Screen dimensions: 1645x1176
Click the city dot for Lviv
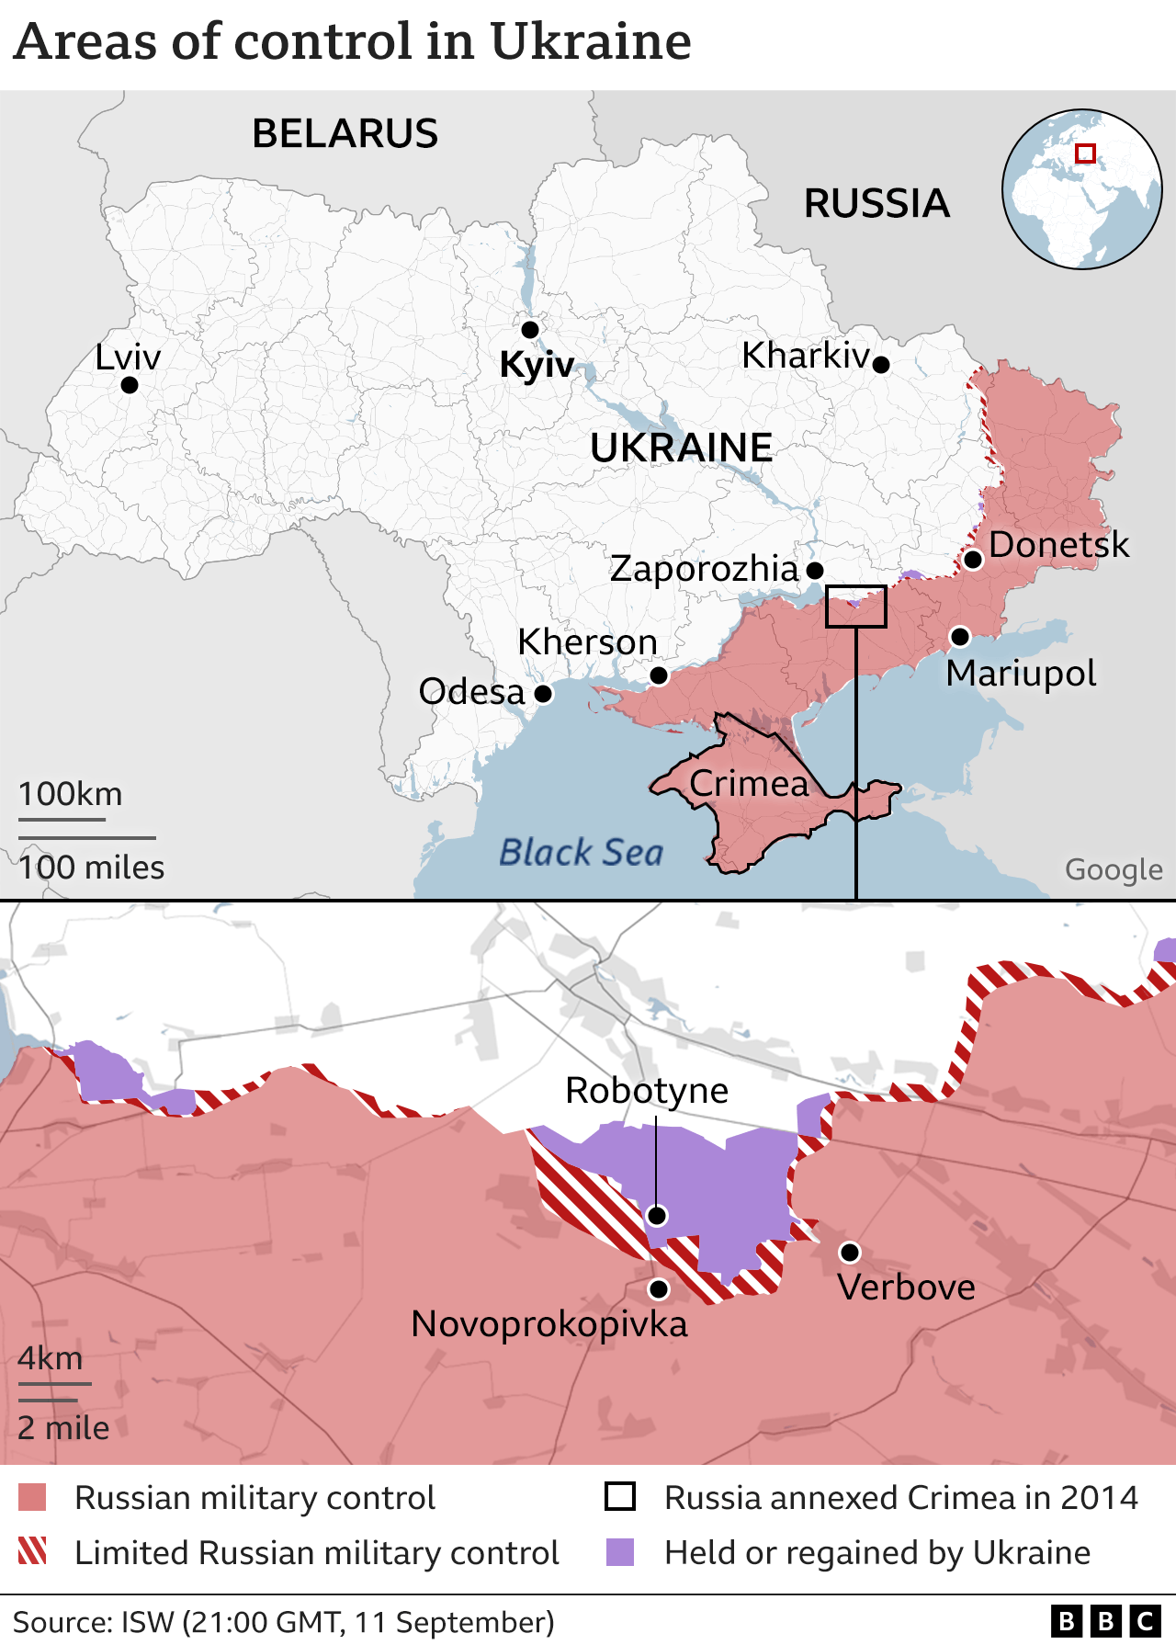click(x=130, y=385)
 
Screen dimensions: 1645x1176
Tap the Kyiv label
click(x=536, y=365)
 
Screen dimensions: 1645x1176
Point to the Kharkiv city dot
click(x=880, y=365)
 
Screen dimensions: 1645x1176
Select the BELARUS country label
click(x=345, y=134)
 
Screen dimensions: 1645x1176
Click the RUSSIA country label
click(x=876, y=204)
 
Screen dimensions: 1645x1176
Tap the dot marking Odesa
click(x=543, y=693)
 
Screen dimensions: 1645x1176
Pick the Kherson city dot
click(x=658, y=675)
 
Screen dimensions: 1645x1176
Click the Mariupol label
click(x=1021, y=674)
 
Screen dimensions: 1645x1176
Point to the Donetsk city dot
click(x=973, y=560)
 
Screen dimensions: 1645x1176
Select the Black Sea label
click(x=581, y=853)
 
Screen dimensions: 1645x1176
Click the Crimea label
click(x=749, y=784)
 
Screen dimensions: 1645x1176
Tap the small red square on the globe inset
click(x=1085, y=153)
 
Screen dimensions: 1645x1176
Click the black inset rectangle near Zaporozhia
click(x=855, y=607)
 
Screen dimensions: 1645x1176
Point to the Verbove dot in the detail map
click(x=850, y=1252)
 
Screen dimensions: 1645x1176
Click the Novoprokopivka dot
click(x=658, y=1288)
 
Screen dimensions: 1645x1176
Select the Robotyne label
click(x=646, y=1091)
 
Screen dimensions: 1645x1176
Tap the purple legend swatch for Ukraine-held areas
click(x=620, y=1552)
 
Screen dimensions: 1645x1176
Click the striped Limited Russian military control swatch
click(x=32, y=1552)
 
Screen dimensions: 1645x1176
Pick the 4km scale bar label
click(x=51, y=1358)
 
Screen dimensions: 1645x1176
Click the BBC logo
click(x=1105, y=1621)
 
